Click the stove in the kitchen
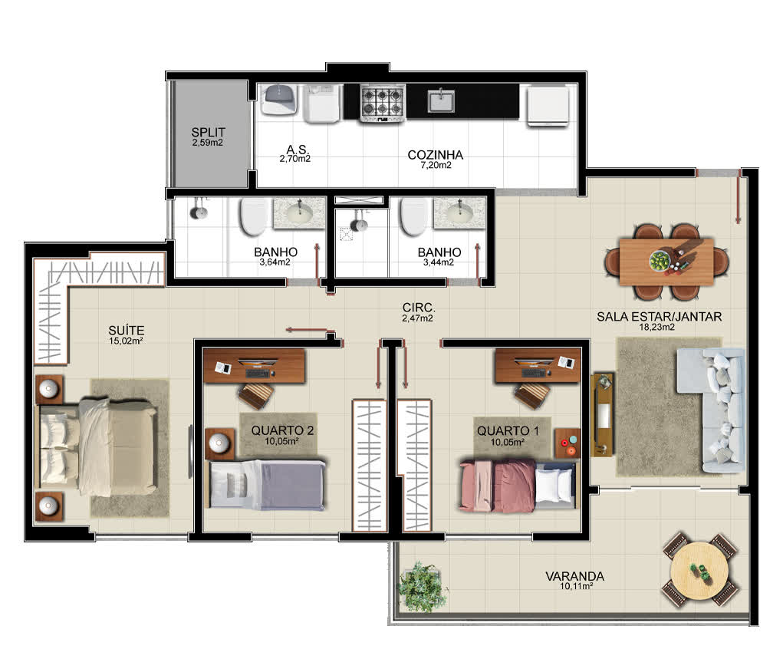click(383, 103)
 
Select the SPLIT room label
click(209, 133)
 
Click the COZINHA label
click(436, 155)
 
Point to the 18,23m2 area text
click(657, 328)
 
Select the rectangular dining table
click(666, 262)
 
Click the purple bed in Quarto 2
click(267, 485)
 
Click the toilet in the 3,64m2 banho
click(255, 217)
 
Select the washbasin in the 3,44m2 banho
click(459, 213)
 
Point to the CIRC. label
click(419, 308)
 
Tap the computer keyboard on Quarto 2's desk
click(258, 374)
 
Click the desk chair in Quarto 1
click(531, 397)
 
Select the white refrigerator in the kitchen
click(548, 106)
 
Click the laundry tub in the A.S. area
click(280, 100)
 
